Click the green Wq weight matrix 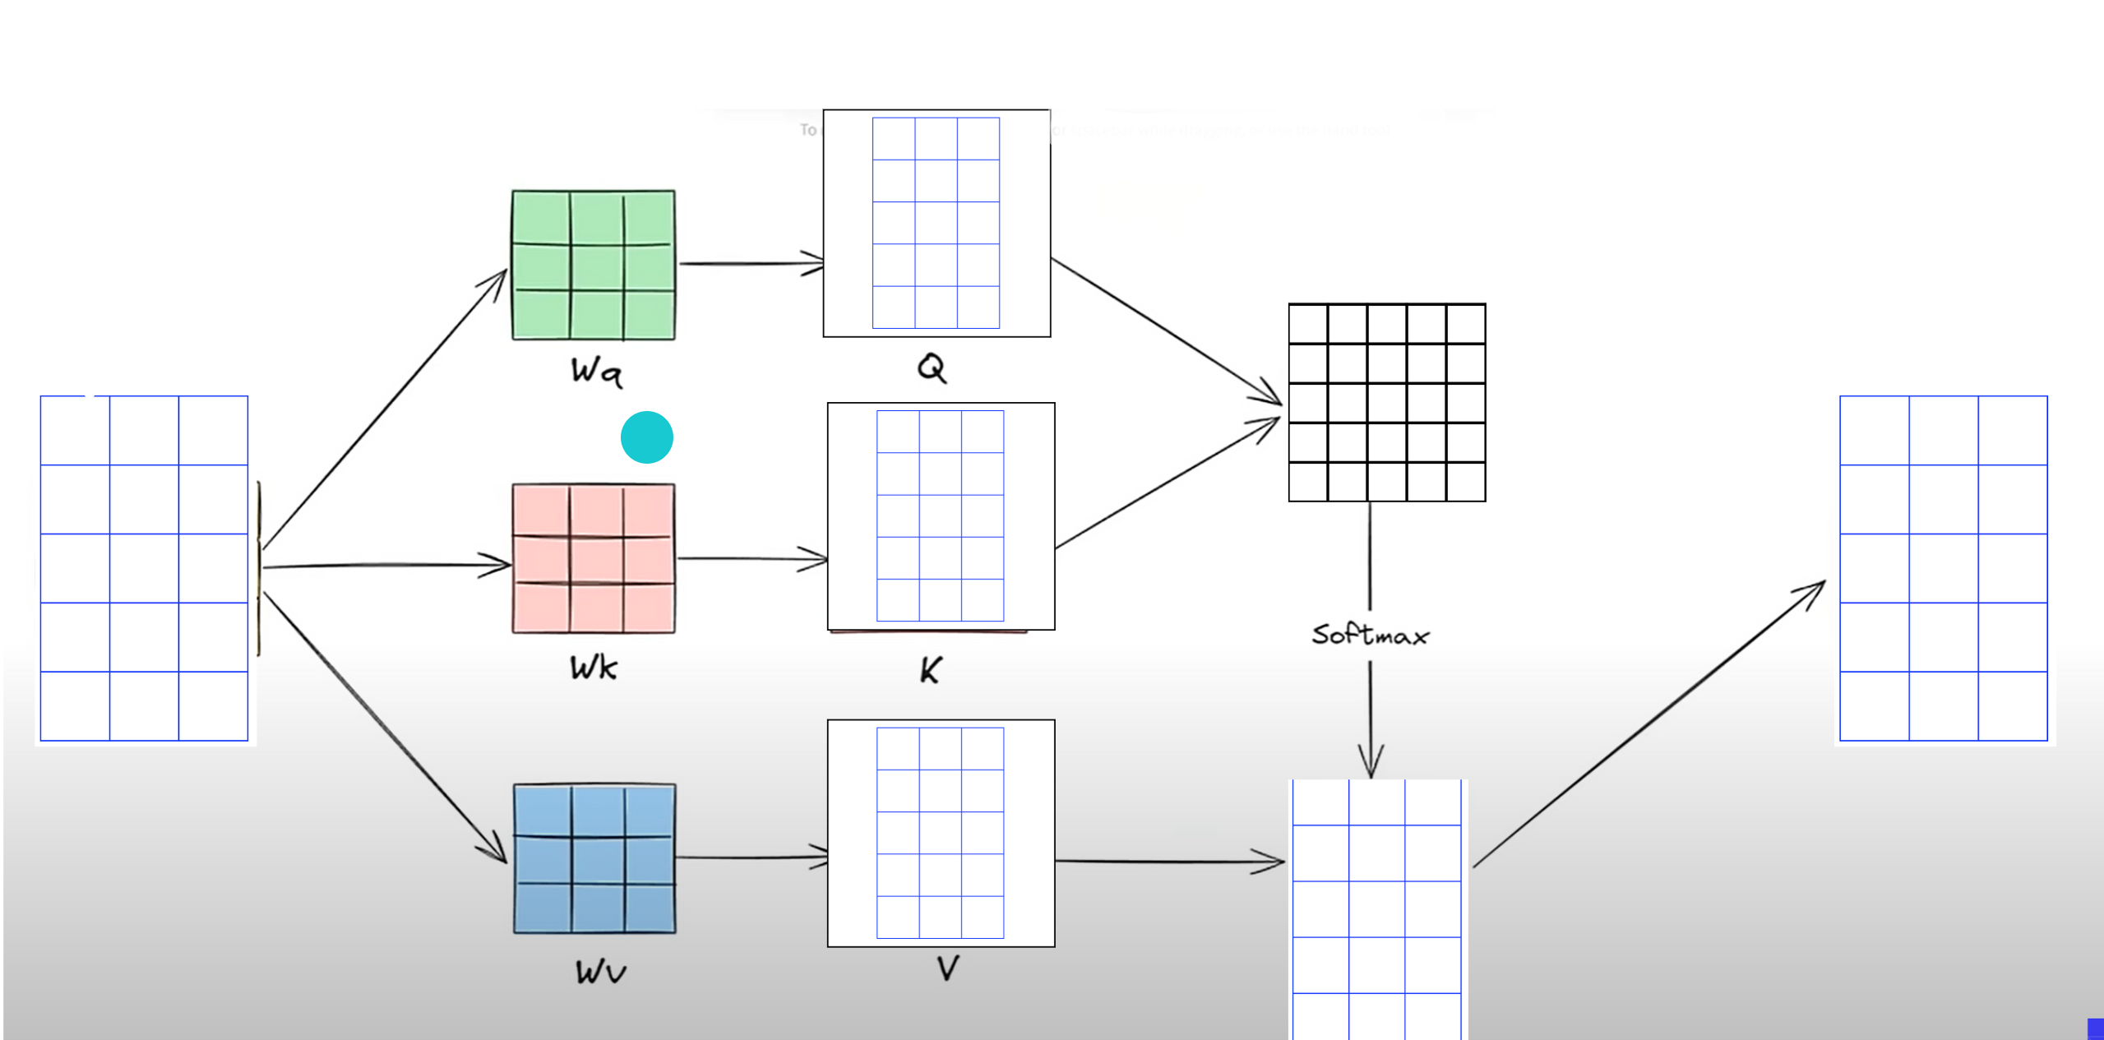[593, 265]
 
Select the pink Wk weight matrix [593, 558]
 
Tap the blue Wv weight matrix [594, 858]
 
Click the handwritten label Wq [597, 372]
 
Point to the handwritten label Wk [593, 668]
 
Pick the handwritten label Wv [600, 973]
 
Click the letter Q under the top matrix [932, 367]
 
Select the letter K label [930, 670]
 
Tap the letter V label [947, 968]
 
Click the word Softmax [1370, 635]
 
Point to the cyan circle [647, 437]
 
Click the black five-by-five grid [1386, 403]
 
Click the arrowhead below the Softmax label [1371, 760]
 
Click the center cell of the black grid [1386, 403]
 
